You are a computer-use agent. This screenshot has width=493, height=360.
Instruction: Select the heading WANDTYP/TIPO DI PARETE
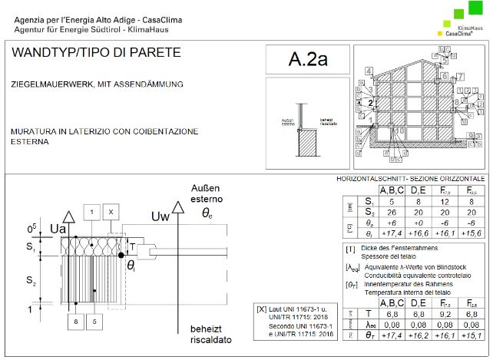[x=96, y=53]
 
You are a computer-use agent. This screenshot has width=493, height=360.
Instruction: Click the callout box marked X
[x=111, y=211]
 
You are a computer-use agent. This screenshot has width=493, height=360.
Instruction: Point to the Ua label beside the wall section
[x=58, y=228]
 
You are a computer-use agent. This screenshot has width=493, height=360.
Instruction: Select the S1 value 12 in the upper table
[x=445, y=201]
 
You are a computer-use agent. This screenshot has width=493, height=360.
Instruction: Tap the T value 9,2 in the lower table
[x=445, y=313]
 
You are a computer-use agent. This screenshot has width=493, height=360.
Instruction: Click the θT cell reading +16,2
[x=417, y=335]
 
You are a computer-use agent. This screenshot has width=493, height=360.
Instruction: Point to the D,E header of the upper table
[x=417, y=190]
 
